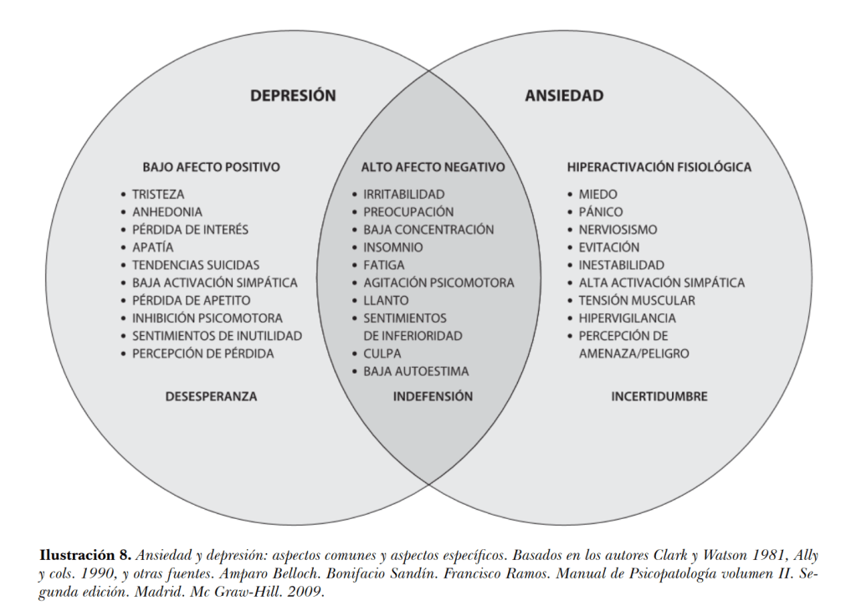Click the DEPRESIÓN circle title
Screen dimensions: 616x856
click(293, 96)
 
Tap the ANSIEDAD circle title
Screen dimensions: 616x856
click(564, 96)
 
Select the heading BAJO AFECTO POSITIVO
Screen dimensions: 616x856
click(211, 167)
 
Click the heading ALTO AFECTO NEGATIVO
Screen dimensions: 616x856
click(433, 167)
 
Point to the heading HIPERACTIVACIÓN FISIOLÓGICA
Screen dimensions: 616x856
click(659, 167)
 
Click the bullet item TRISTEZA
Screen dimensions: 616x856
click(158, 194)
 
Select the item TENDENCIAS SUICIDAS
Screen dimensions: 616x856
click(196, 265)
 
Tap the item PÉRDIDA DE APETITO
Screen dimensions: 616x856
click(191, 300)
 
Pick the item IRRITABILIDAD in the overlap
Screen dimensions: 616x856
click(403, 194)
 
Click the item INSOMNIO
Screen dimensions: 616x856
click(392, 247)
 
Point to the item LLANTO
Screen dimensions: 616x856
click(386, 300)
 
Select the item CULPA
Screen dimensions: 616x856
click(382, 354)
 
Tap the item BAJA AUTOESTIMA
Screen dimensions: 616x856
click(416, 371)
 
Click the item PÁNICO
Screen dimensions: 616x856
click(601, 212)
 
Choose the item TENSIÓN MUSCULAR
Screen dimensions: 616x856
click(637, 300)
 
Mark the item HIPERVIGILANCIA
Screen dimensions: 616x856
click(627, 318)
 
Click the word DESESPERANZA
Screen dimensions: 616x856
click(211, 396)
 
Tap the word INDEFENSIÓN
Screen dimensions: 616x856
click(433, 396)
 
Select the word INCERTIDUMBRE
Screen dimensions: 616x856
click(659, 396)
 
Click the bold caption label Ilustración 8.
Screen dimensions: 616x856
click(85, 555)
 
